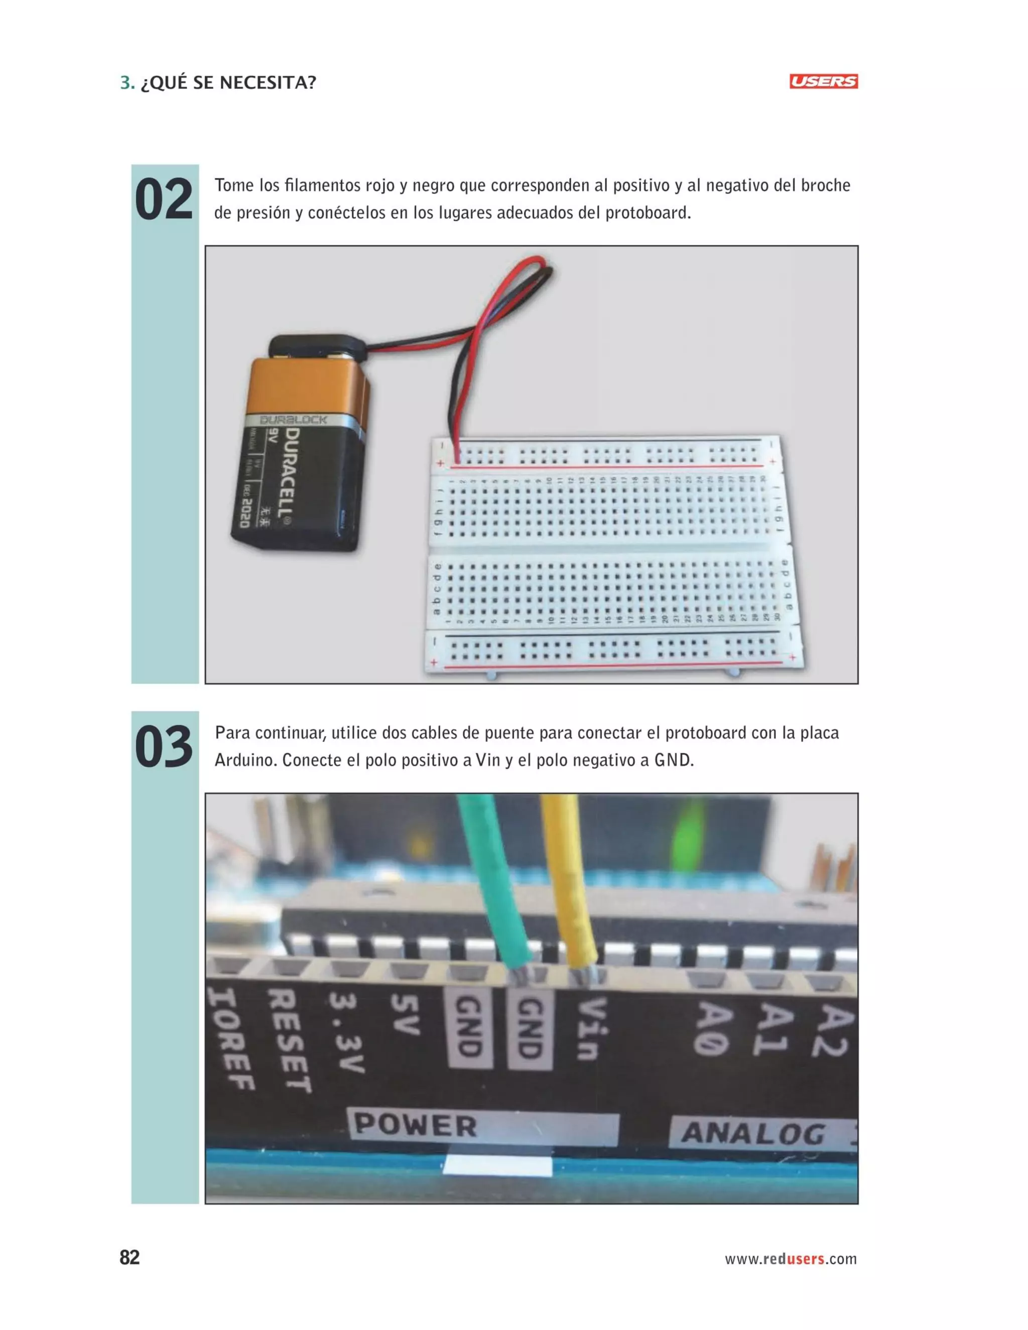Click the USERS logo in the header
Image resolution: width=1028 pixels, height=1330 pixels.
tap(823, 82)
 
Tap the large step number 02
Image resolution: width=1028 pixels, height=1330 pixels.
tap(163, 199)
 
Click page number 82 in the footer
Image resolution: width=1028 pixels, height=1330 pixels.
tap(129, 1258)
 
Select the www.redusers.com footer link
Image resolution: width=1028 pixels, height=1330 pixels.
tap(791, 1259)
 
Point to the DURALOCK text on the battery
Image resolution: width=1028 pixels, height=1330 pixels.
tap(293, 420)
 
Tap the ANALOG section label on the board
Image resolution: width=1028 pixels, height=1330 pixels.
tap(753, 1134)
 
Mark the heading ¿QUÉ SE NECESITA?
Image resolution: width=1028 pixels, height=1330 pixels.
tap(228, 82)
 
